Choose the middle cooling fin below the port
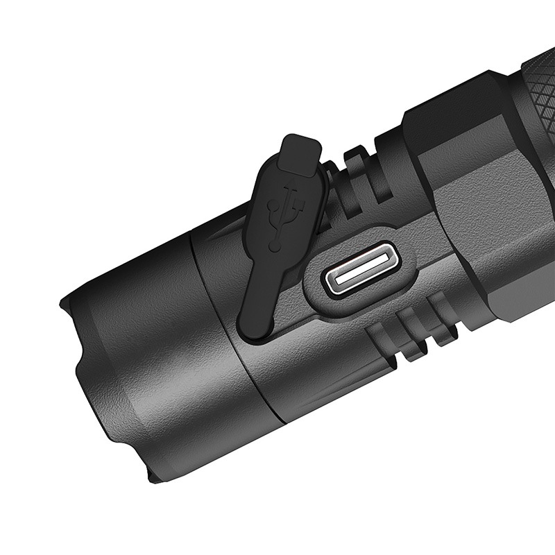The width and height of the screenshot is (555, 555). [x=414, y=326]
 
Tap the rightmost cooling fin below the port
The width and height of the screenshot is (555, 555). [x=442, y=311]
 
